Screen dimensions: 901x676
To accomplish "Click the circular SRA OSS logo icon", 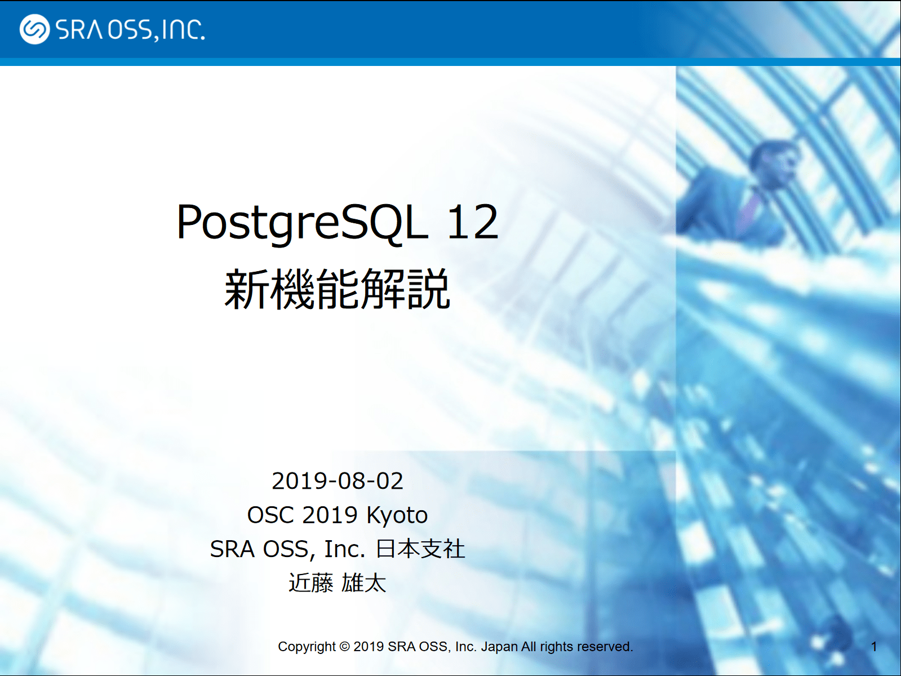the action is (x=34, y=29).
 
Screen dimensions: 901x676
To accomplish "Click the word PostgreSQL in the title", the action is (x=302, y=224).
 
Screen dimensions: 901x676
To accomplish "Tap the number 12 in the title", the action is (x=473, y=223).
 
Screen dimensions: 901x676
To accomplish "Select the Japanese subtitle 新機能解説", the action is (x=338, y=289).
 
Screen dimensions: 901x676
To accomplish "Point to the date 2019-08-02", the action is (x=338, y=481).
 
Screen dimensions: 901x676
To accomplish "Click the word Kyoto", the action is (x=397, y=515).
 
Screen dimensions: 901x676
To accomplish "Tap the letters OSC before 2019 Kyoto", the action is (x=271, y=515).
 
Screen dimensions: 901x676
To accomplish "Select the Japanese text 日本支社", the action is (x=420, y=549).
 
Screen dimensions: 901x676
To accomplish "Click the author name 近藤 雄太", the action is (x=338, y=583).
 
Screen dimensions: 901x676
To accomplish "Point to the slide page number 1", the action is (x=874, y=647).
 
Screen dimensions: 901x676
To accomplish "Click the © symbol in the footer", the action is (x=345, y=647).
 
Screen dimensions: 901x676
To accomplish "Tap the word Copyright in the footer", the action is (x=307, y=647).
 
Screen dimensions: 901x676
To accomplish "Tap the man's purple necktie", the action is (x=749, y=210).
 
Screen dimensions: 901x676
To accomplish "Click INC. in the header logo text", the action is (x=183, y=29).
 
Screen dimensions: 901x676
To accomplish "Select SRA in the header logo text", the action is (x=79, y=29).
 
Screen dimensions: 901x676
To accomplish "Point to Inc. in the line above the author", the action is (x=344, y=550).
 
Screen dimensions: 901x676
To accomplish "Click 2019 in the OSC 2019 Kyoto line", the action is (x=330, y=515).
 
